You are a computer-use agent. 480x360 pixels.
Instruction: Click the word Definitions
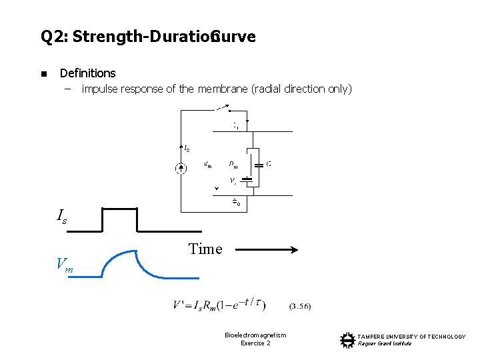87,73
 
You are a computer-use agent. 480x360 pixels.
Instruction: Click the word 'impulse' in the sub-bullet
101,89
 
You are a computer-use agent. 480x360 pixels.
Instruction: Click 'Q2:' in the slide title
55,37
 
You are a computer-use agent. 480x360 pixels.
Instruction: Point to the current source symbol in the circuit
181,168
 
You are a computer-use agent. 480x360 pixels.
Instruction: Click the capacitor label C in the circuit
268,163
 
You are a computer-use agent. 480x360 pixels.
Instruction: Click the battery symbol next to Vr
247,179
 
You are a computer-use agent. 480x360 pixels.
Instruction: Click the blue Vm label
65,265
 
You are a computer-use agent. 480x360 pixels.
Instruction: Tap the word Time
205,249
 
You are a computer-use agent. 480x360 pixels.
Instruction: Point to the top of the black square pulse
119,209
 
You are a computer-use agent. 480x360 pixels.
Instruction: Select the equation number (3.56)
299,307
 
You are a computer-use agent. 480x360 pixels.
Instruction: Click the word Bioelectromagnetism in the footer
255,335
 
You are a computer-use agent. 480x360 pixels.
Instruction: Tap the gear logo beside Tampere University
347,340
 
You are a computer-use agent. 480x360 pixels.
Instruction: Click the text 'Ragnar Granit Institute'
385,343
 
